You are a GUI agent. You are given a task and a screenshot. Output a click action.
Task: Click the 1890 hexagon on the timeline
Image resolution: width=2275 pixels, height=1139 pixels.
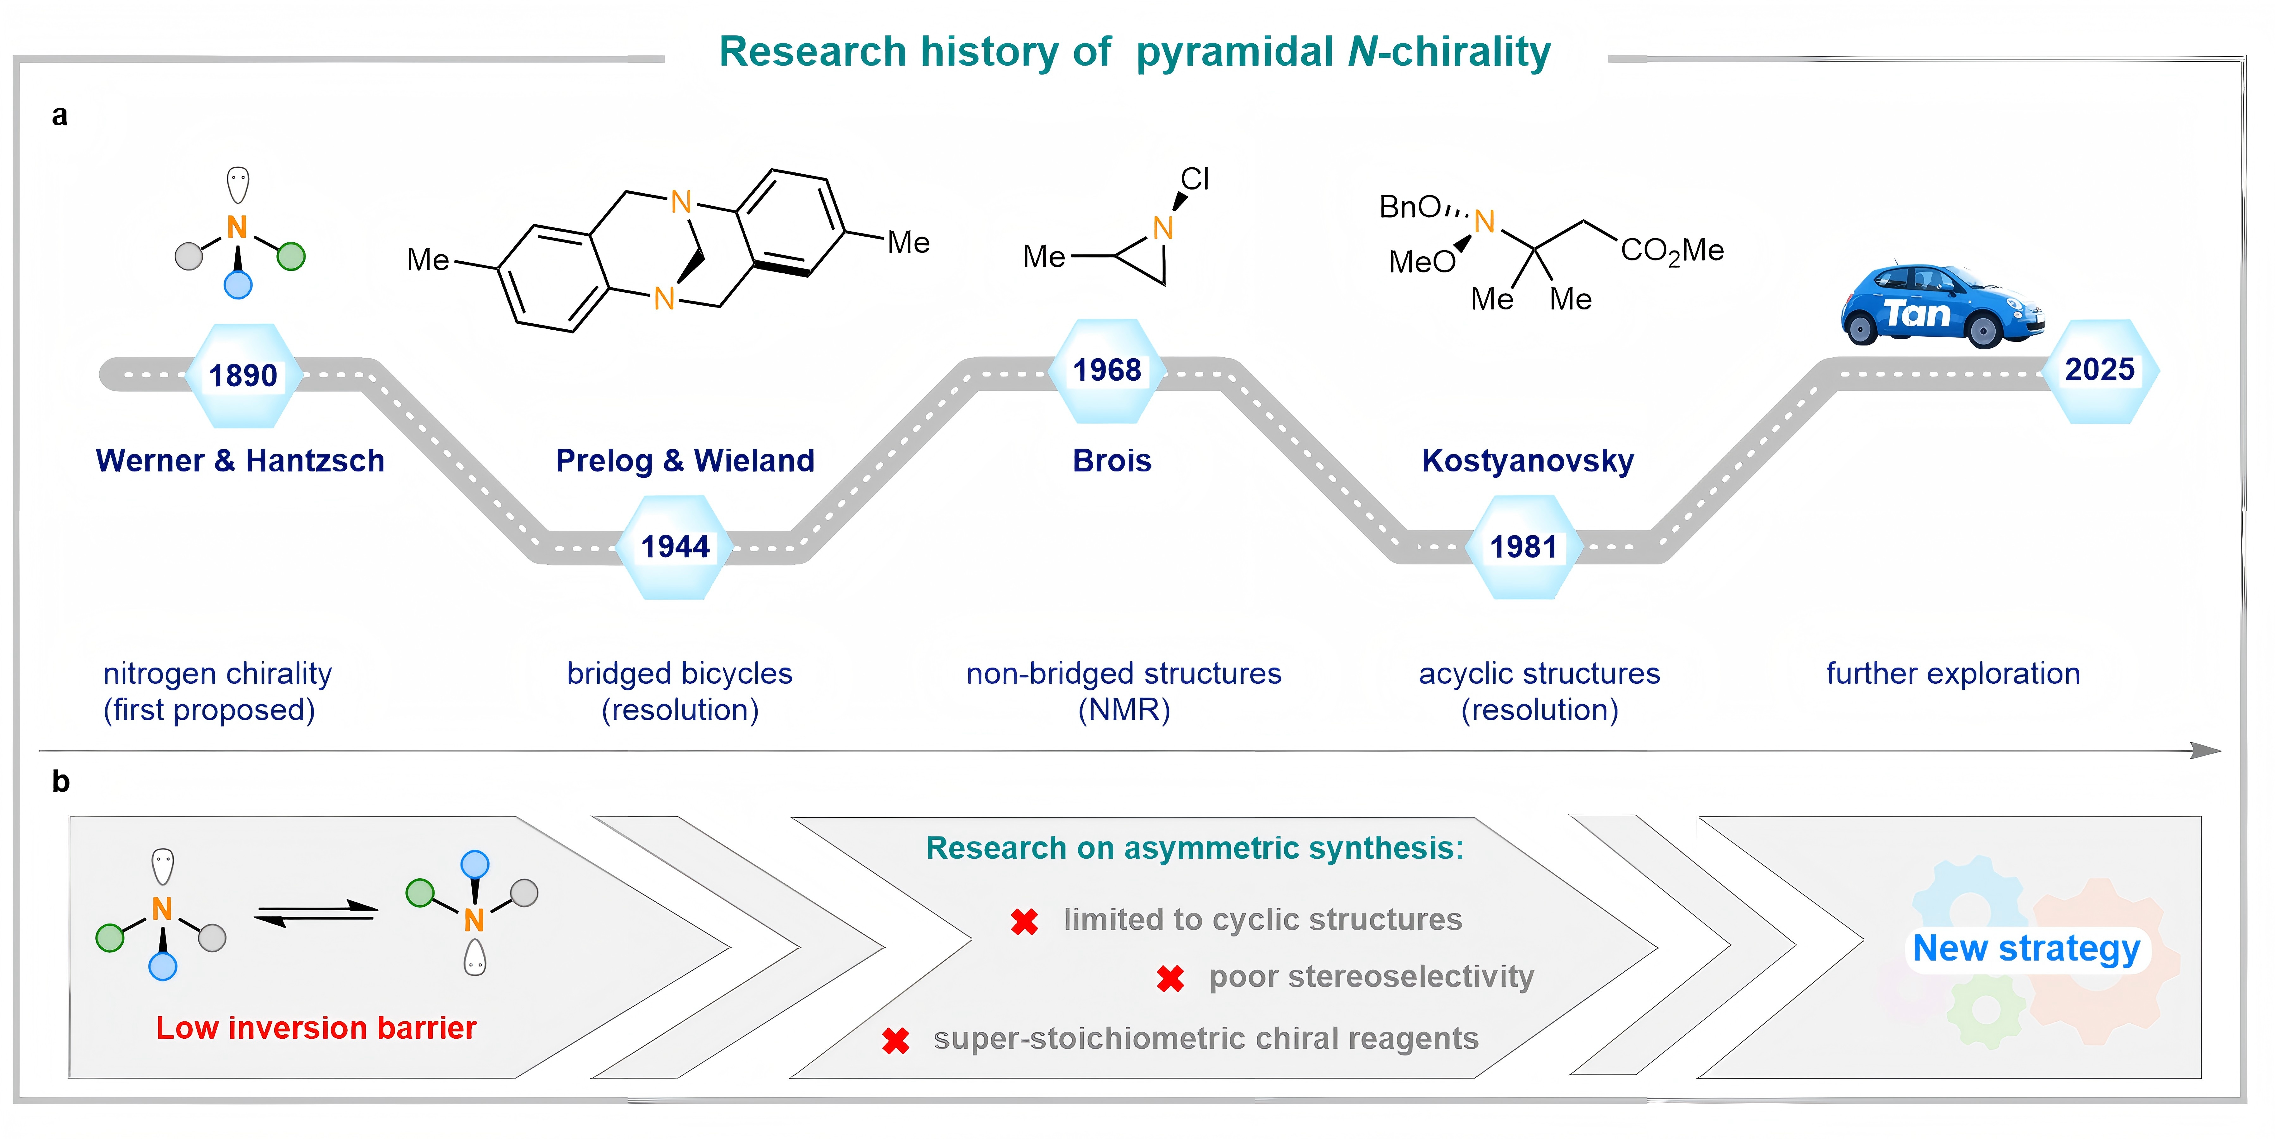point(243,376)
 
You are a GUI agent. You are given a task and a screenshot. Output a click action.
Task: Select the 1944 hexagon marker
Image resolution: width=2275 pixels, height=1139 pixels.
point(676,547)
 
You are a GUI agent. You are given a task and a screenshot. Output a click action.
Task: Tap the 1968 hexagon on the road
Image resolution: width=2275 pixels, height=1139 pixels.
point(1107,370)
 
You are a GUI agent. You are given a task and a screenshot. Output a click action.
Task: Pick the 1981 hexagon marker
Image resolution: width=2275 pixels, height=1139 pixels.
point(1522,547)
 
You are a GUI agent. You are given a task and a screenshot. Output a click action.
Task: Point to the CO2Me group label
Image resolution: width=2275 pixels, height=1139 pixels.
point(1672,251)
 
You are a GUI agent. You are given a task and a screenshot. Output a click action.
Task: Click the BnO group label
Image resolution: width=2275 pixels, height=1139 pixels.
point(1410,208)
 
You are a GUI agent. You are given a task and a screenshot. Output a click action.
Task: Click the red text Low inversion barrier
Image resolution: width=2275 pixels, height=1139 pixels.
point(316,1028)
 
